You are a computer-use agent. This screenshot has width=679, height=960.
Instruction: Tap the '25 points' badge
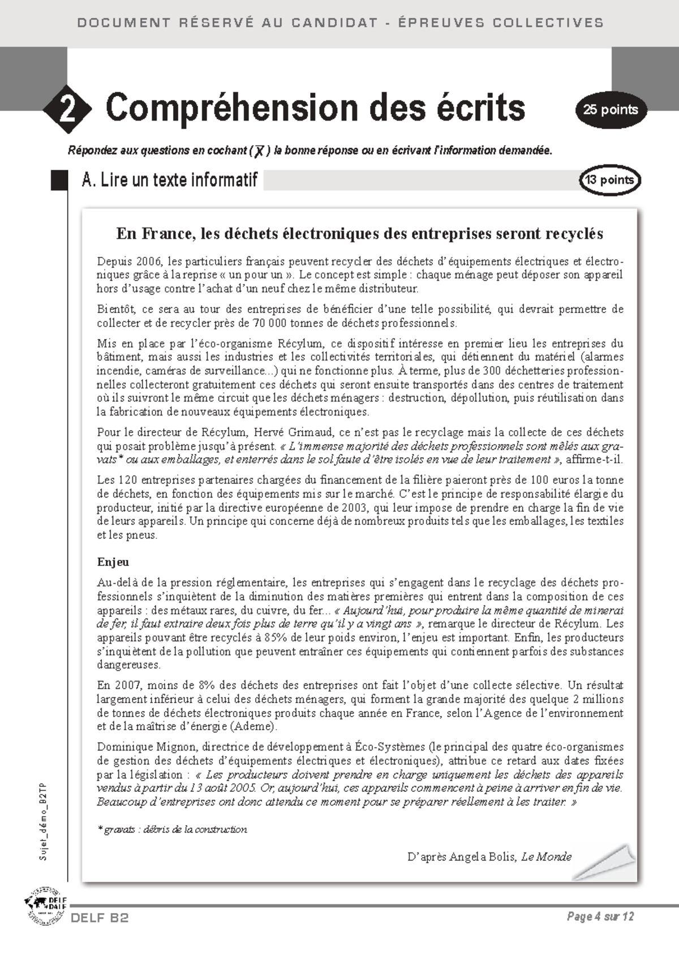click(x=611, y=110)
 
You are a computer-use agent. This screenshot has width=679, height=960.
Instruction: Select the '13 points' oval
click(x=609, y=180)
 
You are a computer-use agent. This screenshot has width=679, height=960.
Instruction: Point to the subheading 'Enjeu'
click(x=113, y=562)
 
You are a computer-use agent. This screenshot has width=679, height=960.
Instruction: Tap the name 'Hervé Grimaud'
click(x=294, y=432)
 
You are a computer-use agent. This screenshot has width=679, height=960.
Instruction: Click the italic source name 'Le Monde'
click(x=546, y=856)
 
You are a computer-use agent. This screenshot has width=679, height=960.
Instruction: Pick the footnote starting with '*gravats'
click(x=173, y=829)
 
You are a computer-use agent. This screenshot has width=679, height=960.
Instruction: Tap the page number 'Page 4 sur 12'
click(x=600, y=916)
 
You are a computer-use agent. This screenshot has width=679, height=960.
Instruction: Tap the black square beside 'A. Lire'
click(x=59, y=180)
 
